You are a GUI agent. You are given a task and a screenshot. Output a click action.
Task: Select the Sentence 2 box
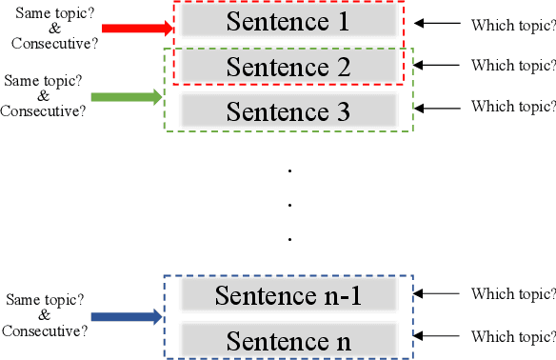(x=288, y=67)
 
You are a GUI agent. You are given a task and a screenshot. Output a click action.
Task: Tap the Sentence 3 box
(x=288, y=110)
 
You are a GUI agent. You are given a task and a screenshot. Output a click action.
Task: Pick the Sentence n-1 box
(x=288, y=295)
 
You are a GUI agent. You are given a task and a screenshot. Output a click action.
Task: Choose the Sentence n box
(x=288, y=339)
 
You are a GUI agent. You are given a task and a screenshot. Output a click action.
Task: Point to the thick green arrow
(x=127, y=96)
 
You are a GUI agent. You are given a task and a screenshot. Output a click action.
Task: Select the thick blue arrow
(x=127, y=317)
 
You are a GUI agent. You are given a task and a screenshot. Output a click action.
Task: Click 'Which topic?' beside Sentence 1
(x=513, y=24)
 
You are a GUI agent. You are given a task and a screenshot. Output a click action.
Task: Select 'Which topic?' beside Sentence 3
(x=513, y=106)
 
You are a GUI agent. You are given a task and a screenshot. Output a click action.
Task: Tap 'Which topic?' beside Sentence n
(x=513, y=336)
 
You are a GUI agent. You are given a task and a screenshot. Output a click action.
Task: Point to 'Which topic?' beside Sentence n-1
(x=513, y=295)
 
